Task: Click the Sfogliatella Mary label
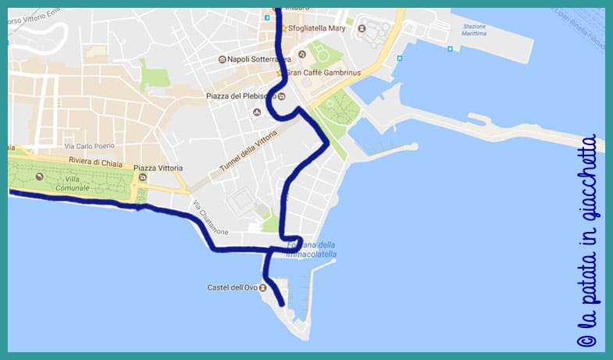[316, 28]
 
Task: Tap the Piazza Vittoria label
[159, 168]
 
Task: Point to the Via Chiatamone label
[212, 218]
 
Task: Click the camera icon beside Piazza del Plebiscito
[282, 97]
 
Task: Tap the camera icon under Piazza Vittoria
[142, 178]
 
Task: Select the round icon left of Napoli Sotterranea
[223, 59]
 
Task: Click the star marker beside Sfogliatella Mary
[283, 29]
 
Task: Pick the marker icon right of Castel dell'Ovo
[262, 287]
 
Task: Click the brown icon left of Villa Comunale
[37, 177]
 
